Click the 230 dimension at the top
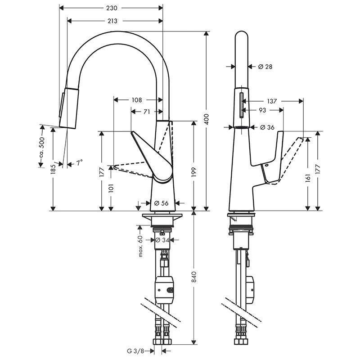click(x=112, y=8)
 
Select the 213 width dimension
click(x=112, y=21)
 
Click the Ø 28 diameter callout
click(x=265, y=67)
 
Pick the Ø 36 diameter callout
click(x=267, y=127)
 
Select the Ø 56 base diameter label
click(x=161, y=203)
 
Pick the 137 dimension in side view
click(x=271, y=101)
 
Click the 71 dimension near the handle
click(x=146, y=112)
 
